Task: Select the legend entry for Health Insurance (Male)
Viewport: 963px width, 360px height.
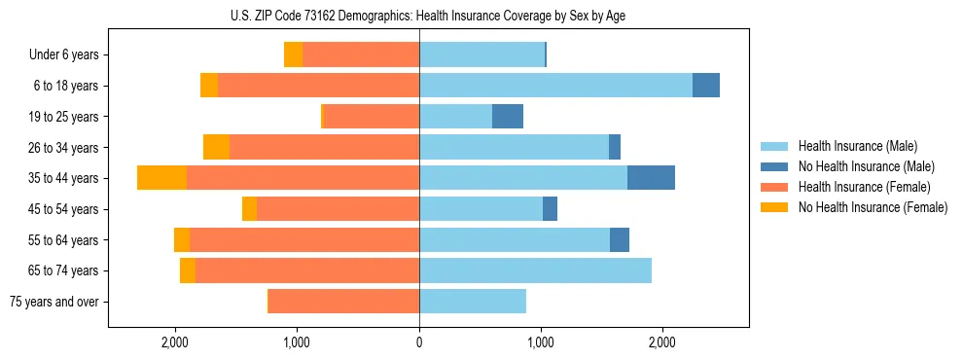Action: (857, 146)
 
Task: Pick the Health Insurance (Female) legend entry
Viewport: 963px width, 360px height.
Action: (862, 187)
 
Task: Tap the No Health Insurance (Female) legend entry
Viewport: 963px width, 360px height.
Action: (872, 207)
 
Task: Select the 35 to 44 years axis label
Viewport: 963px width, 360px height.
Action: (64, 178)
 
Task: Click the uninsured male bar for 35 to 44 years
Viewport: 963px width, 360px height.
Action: (651, 178)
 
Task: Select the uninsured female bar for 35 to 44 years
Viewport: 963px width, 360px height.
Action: (161, 178)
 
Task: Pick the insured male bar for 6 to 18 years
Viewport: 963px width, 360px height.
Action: (555, 86)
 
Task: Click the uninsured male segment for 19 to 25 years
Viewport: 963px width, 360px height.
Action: (508, 117)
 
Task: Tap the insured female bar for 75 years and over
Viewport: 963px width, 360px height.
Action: (343, 302)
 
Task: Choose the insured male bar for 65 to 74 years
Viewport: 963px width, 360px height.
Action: (535, 270)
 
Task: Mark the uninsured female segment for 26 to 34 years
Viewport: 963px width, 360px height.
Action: (216, 147)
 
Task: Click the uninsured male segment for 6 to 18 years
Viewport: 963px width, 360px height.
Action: (706, 86)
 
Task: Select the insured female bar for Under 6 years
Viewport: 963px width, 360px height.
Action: (361, 54)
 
